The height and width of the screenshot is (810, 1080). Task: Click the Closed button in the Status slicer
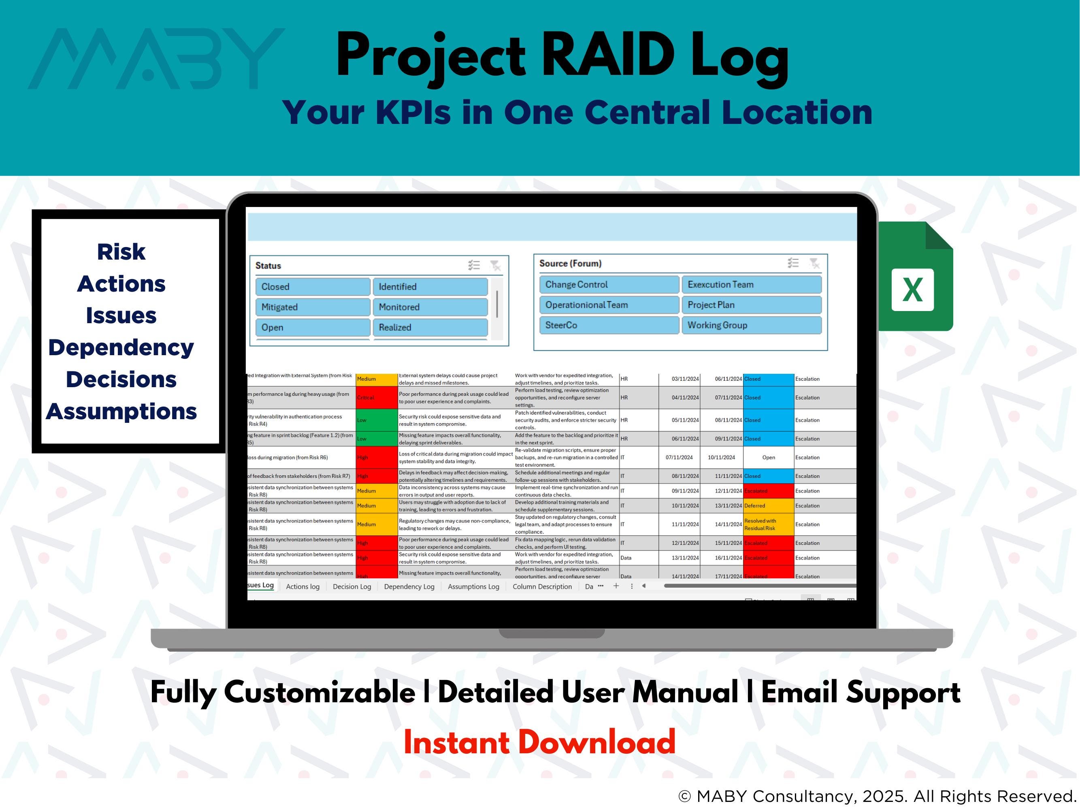(313, 287)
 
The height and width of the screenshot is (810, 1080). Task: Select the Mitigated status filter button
(313, 307)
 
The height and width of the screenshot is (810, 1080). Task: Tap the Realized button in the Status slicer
(430, 327)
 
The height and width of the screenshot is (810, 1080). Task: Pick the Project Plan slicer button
(751, 305)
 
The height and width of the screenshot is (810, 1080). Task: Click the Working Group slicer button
(751, 325)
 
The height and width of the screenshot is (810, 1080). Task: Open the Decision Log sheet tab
(351, 586)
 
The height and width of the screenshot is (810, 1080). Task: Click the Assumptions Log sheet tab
(473, 586)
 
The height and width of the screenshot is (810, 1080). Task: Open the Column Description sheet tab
(542, 586)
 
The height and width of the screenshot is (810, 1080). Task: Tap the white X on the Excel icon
(912, 290)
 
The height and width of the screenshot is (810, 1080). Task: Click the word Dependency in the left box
(121, 347)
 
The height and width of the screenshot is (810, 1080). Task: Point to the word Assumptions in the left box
(121, 411)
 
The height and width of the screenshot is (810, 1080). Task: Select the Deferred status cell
(768, 506)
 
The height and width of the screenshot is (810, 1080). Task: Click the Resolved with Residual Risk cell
(768, 524)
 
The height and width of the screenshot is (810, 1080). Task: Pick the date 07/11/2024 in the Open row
(679, 458)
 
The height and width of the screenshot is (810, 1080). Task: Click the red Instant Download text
(539, 742)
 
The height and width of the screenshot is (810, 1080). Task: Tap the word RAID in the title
(608, 55)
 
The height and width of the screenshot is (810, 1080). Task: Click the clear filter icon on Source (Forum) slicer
(814, 264)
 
